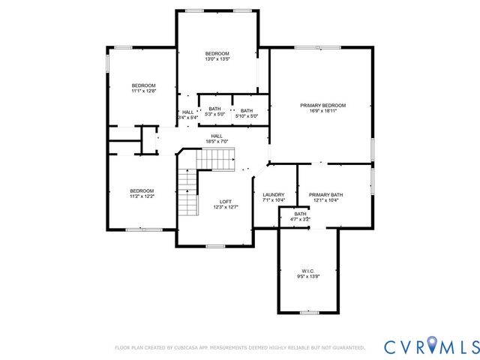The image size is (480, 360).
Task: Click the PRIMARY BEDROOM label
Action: point(322,106)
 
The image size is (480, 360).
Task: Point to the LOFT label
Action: point(225,201)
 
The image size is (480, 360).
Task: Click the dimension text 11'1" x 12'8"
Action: point(143,91)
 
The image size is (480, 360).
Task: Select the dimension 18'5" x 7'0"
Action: point(216,142)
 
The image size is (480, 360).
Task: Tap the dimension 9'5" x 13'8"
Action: point(308,275)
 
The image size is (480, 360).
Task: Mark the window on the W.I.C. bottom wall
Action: point(308,311)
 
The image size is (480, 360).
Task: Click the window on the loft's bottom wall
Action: point(216,246)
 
